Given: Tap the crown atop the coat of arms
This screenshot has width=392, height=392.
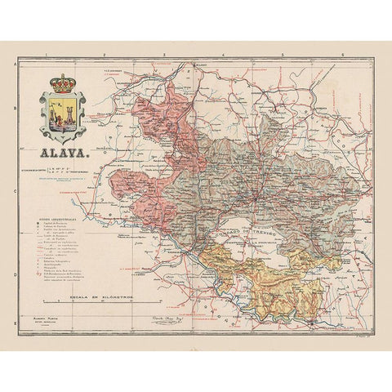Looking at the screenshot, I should (63, 82).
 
